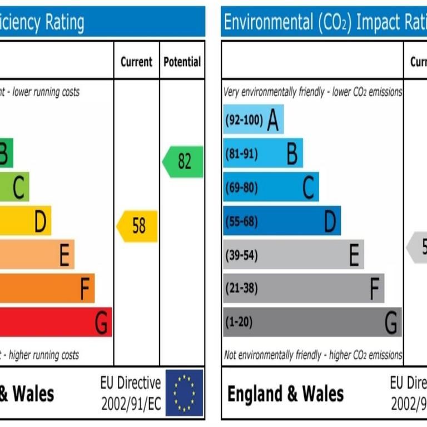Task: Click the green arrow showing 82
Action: click(x=183, y=162)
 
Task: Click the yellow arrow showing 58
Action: click(x=137, y=226)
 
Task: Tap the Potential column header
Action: click(x=182, y=62)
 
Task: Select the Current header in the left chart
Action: click(x=136, y=62)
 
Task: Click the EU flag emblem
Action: click(x=184, y=393)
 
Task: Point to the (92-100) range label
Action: click(x=244, y=120)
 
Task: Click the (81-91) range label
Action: click(x=242, y=153)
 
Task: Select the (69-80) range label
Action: click(x=242, y=187)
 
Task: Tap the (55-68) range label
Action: click(x=242, y=221)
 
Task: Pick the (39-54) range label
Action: click(x=242, y=255)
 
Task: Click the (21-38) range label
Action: click(x=242, y=289)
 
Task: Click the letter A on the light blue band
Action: click(x=272, y=120)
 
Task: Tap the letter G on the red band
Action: click(x=101, y=323)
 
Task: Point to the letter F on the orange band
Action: click(x=85, y=289)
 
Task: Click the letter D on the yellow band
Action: click(x=40, y=222)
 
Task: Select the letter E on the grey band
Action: click(x=354, y=256)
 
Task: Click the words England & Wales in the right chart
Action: click(x=285, y=394)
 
